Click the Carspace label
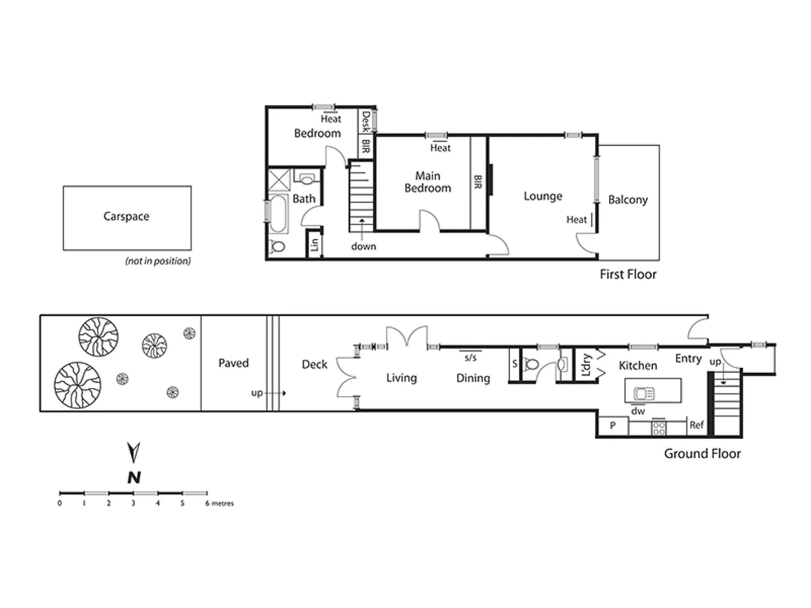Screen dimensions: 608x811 click(126, 216)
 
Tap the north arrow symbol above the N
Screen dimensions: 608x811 click(133, 452)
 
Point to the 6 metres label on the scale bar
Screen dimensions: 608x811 click(220, 503)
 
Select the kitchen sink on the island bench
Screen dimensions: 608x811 click(644, 394)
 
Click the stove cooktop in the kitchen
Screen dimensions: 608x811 click(658, 428)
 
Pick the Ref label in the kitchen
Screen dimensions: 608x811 click(697, 426)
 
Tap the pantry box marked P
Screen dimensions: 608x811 click(613, 426)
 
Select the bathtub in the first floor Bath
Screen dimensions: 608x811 click(278, 214)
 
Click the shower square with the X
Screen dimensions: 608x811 click(279, 180)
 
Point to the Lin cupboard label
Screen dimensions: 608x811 click(314, 244)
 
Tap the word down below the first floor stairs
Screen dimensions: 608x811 click(363, 247)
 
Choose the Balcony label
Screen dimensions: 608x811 click(627, 200)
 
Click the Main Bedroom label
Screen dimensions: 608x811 click(427, 182)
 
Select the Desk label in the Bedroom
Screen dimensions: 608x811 click(366, 121)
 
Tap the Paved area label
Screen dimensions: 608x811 click(233, 363)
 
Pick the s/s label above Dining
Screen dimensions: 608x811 click(470, 357)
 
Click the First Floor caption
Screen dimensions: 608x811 click(627, 274)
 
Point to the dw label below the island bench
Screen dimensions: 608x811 click(638, 411)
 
